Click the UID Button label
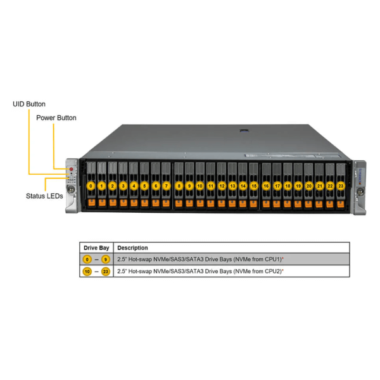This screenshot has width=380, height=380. pos(29,104)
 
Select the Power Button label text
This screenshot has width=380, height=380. pos(56,118)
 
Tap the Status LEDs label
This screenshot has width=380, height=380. pos(44,196)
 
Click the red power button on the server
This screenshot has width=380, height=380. pos(71,169)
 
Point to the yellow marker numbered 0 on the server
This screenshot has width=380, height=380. pos(91,186)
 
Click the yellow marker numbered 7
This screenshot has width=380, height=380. pos(166,186)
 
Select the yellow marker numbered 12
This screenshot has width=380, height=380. pos(222,186)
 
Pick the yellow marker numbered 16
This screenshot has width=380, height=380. pos(266,186)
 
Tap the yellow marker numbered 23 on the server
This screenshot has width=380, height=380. pos(341,186)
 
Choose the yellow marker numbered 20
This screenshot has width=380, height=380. pos(309,186)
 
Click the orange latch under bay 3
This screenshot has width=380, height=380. pos(123,203)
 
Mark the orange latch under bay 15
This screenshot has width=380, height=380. pos(253,203)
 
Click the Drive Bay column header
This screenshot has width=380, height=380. pos(96,248)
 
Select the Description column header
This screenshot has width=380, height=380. pos(132,248)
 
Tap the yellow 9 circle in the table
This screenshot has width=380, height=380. pos(106,259)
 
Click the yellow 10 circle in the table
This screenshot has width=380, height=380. pos(87,272)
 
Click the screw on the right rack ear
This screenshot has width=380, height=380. pos(360,192)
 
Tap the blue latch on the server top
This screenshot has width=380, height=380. pos(245,130)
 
